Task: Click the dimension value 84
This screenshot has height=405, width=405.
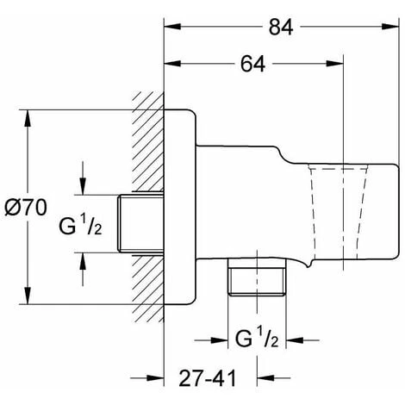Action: click(277, 28)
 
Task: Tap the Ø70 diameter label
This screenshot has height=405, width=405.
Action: click(32, 207)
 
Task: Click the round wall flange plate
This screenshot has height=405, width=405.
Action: click(180, 207)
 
